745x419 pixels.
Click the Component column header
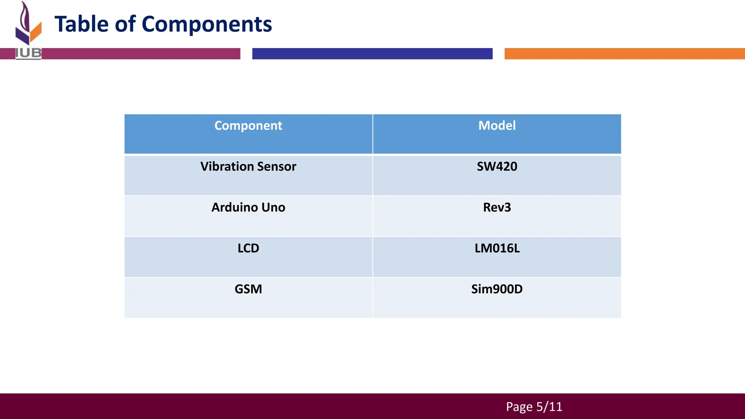pos(248,126)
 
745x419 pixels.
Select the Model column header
pos(497,126)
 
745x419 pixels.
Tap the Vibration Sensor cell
pos(248,167)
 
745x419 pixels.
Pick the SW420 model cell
pos(497,167)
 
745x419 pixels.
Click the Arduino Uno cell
pos(248,207)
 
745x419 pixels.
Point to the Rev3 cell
pos(497,207)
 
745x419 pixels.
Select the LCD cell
pos(248,248)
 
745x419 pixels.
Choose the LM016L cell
pos(497,248)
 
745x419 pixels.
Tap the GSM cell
pos(248,289)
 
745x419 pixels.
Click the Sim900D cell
pos(497,289)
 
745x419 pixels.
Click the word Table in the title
pos(81,24)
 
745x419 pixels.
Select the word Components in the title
pos(207,24)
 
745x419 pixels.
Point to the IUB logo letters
pos(28,53)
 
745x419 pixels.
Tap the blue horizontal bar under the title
pos(372,53)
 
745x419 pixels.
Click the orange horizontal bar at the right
pos(624,53)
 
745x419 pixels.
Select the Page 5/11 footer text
pos(534,407)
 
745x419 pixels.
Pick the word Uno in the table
pos(273,207)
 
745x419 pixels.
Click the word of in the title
pos(125,24)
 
